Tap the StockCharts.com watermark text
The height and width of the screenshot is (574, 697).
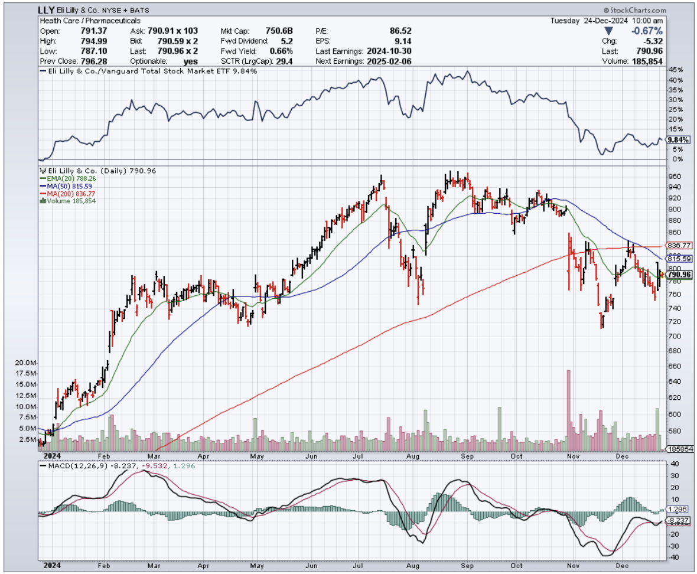click(635, 11)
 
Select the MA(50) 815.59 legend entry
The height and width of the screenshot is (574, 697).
click(65, 185)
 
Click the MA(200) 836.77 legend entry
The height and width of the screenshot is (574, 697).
click(67, 193)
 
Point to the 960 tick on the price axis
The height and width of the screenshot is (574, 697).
click(673, 177)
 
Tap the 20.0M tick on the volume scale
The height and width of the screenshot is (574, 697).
click(26, 363)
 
